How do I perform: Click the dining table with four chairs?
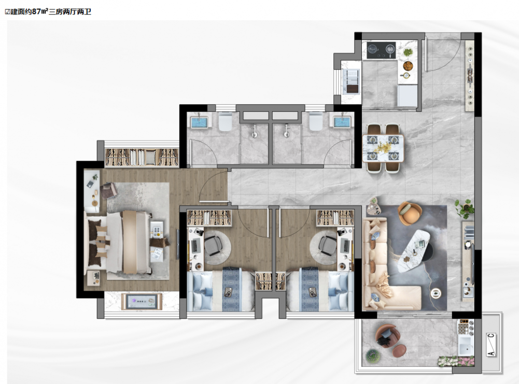point(383,148)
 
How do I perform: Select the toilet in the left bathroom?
point(226,122)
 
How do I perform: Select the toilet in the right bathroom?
point(315,122)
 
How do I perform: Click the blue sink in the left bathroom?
point(199,122)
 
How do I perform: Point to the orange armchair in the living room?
point(410,213)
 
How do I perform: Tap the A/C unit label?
point(492,345)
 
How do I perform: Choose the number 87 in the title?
point(36,11)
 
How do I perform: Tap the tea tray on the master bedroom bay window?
point(142,302)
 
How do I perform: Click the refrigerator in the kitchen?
point(407,95)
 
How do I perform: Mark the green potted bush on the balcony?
point(373,356)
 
